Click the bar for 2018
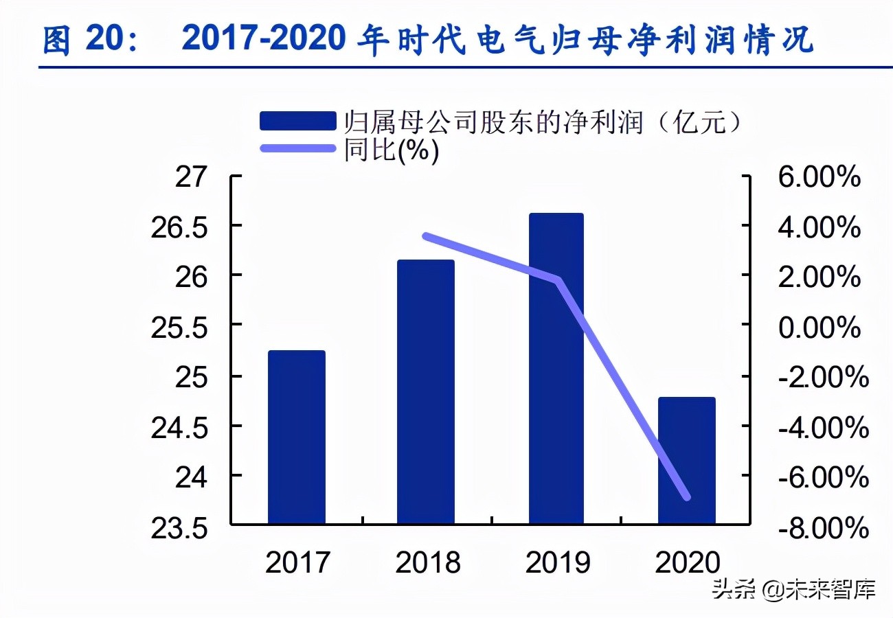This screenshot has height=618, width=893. click(x=426, y=392)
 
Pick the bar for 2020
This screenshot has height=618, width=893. click(x=686, y=461)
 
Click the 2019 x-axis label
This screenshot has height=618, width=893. click(x=557, y=563)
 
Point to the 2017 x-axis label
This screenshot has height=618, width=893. click(x=297, y=563)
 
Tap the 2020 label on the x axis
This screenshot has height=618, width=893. click(x=688, y=563)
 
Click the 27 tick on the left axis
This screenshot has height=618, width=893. click(x=190, y=177)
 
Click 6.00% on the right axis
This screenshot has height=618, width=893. click(x=819, y=177)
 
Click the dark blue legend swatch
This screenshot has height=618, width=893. click(x=298, y=122)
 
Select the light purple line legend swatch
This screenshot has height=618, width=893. click(x=298, y=148)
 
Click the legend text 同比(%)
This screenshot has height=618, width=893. click(x=392, y=150)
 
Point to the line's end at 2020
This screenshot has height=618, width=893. click(x=686, y=497)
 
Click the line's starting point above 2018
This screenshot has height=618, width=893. click(x=426, y=236)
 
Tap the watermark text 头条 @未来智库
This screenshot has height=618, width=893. click(x=793, y=589)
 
